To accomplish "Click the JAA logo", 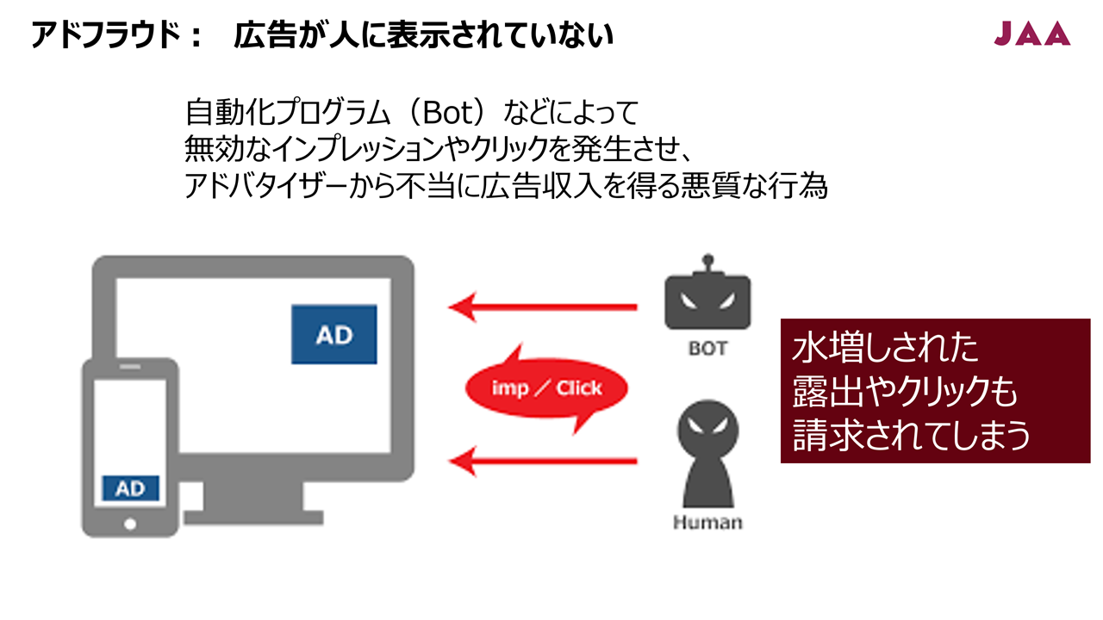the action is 1032,34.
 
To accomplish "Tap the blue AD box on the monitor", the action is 334,335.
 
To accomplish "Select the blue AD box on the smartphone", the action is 130,488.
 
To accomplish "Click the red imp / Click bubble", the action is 546,388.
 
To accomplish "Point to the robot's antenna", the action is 708,263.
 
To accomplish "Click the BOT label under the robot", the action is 708,349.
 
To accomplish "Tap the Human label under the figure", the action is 707,522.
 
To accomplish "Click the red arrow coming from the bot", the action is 543,307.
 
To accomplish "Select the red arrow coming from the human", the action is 543,461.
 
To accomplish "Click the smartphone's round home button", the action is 130,524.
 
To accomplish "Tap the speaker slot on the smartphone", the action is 130,367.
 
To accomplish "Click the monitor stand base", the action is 253,518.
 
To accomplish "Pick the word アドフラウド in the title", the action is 105,35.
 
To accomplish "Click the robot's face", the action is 708,301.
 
